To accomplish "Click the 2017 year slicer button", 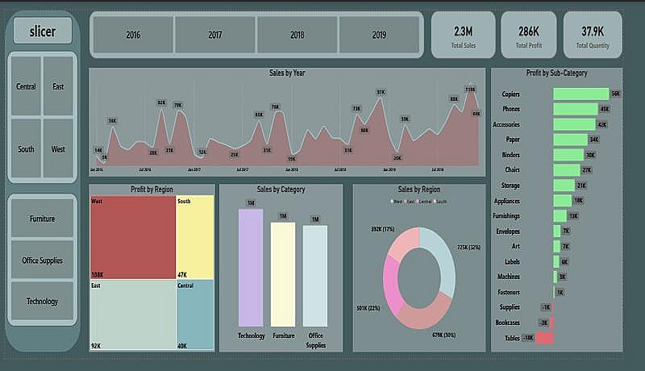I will (x=215, y=35).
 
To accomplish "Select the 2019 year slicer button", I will (x=379, y=35).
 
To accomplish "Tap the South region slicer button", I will (x=26, y=149).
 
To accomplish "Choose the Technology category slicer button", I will (x=43, y=301).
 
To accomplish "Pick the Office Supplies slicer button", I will (x=43, y=261).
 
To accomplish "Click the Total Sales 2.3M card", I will (x=464, y=35).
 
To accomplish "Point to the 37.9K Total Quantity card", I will (x=593, y=35).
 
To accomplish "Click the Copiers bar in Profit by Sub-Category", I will (x=580, y=94).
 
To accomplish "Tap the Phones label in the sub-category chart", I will (x=511, y=110).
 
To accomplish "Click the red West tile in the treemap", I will (x=132, y=237).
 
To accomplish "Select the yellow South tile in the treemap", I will (x=194, y=237).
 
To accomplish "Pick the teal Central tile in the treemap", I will (x=194, y=314).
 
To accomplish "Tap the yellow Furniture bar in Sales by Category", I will (x=283, y=274).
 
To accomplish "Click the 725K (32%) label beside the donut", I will (x=468, y=247).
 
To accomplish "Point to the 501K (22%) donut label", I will (x=368, y=307).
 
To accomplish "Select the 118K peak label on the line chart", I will (x=470, y=90).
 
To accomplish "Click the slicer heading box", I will (x=42, y=31).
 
